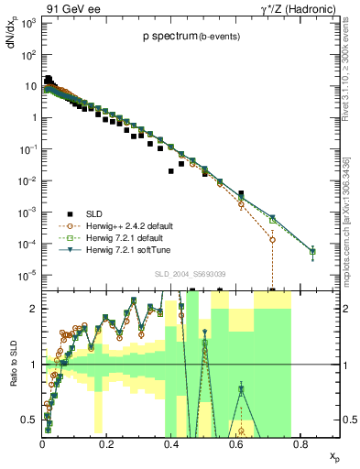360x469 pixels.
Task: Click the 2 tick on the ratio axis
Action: click(31, 309)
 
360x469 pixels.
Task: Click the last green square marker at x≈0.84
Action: click(312, 251)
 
